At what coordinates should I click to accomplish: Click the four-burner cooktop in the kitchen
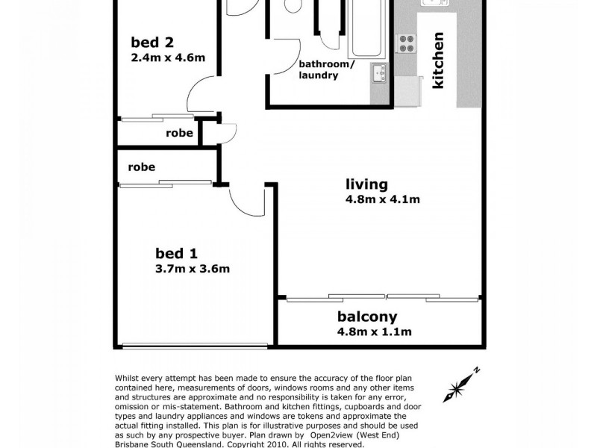[407, 43]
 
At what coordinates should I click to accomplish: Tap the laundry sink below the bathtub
[379, 72]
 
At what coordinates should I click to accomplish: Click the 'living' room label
[366, 184]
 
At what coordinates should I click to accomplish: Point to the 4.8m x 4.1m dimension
[382, 199]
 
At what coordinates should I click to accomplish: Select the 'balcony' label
[366, 316]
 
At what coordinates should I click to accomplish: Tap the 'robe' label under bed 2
[180, 134]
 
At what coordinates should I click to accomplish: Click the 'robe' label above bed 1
[141, 167]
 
